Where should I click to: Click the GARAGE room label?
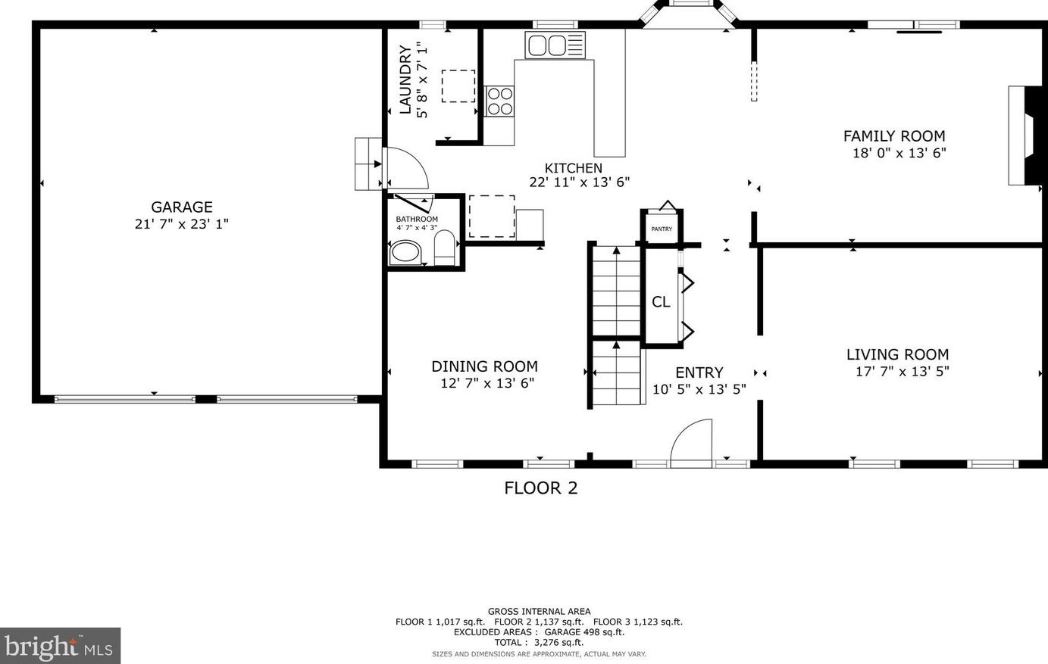point(182,207)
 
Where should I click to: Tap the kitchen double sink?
point(555,45)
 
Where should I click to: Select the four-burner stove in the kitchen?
point(499,101)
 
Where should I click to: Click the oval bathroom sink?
point(406,253)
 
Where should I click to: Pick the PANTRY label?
point(662,229)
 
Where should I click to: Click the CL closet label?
point(661,302)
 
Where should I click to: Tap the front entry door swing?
point(692,442)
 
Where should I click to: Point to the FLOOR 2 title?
point(541,488)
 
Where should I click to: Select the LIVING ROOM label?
point(897,354)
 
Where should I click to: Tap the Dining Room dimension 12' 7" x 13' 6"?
point(487,383)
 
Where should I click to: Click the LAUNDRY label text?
point(405,79)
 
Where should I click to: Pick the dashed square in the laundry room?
point(458,86)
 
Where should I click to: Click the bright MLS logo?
point(60,646)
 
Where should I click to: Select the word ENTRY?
point(699,373)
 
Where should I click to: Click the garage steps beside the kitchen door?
point(369,164)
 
